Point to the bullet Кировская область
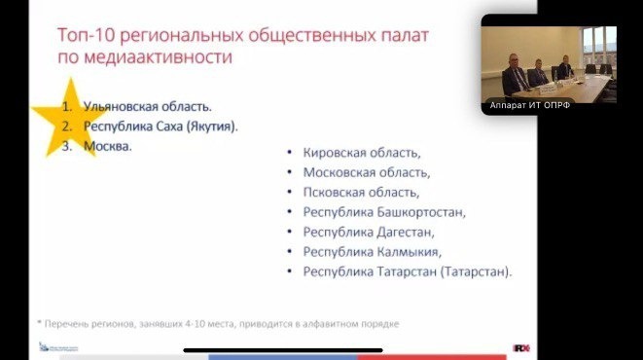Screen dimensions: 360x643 click(x=362, y=152)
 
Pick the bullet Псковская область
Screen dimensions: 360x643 click(x=362, y=192)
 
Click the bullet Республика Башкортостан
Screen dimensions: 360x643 click(x=385, y=211)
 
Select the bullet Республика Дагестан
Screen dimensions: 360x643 click(x=369, y=232)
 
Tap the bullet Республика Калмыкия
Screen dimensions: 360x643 click(x=372, y=251)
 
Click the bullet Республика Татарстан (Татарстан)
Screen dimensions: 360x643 click(x=408, y=271)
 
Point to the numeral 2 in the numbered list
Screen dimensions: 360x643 click(x=67, y=126)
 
